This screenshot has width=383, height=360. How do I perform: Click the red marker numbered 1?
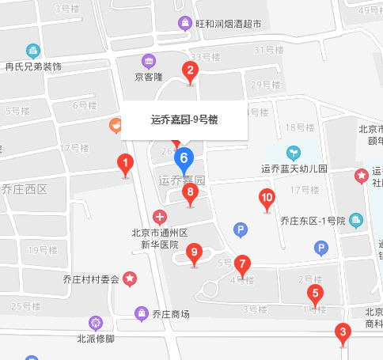click(124, 165)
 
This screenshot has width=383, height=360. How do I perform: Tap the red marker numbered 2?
click(190, 70)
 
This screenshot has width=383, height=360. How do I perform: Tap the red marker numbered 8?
click(190, 192)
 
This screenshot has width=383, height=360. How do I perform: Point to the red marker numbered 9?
click(195, 254)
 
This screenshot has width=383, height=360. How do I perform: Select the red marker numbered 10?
click(267, 199)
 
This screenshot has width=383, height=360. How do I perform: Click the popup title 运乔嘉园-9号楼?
click(184, 120)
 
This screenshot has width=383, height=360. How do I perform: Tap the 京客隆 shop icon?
click(148, 60)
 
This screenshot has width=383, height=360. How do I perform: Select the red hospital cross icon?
click(160, 217)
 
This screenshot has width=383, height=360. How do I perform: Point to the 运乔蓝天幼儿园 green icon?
click(294, 151)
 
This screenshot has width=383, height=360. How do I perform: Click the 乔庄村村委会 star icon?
click(129, 279)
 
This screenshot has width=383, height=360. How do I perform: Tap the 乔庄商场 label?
click(171, 314)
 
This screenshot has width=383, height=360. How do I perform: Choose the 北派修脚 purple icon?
click(96, 322)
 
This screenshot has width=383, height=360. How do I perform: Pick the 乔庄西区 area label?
click(24, 189)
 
